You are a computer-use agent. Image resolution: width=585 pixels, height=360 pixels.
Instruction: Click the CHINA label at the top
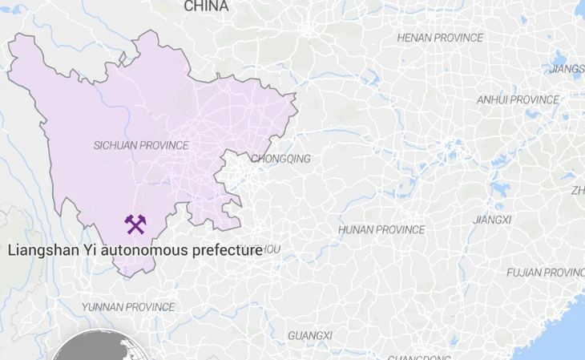(x=206, y=6)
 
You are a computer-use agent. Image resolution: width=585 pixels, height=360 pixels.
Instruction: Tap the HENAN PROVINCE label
(x=440, y=38)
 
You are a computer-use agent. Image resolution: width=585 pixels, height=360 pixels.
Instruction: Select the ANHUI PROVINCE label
(x=518, y=100)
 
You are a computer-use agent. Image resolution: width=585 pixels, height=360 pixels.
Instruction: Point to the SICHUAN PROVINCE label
(x=141, y=146)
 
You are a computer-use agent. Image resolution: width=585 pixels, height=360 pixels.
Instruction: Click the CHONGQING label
(x=281, y=159)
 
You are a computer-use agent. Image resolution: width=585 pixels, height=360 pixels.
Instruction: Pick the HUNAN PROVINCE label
(x=381, y=230)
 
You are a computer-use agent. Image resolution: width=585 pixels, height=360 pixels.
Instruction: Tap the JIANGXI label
(x=492, y=220)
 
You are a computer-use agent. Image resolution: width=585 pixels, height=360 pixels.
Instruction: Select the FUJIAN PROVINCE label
(x=545, y=273)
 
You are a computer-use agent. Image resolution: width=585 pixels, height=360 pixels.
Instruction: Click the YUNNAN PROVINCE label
(x=128, y=307)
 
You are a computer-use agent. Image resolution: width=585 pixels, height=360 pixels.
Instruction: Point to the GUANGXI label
(x=309, y=335)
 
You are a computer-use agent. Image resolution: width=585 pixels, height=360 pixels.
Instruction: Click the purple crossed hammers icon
(x=135, y=225)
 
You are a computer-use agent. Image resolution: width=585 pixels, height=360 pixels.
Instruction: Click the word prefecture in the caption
(x=227, y=250)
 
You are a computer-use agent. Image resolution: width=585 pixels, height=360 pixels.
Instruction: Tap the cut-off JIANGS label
(x=567, y=69)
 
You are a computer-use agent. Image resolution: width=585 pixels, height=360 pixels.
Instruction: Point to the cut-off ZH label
(x=577, y=191)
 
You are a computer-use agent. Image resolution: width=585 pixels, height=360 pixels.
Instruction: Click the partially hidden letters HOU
(x=272, y=249)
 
